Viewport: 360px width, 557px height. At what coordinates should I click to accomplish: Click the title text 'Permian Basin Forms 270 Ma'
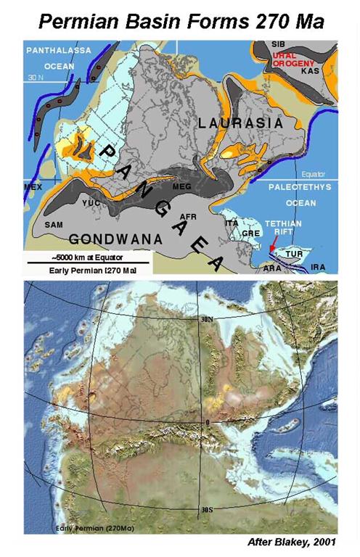(x=179, y=17)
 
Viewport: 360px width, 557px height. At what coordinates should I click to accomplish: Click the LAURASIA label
(x=240, y=124)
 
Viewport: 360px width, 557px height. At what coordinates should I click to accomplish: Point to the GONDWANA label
(x=109, y=238)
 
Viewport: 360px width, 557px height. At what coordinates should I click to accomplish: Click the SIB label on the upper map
(x=278, y=44)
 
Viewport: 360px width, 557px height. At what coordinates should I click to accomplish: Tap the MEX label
(x=34, y=186)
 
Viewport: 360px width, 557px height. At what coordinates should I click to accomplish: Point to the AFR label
(x=187, y=216)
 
